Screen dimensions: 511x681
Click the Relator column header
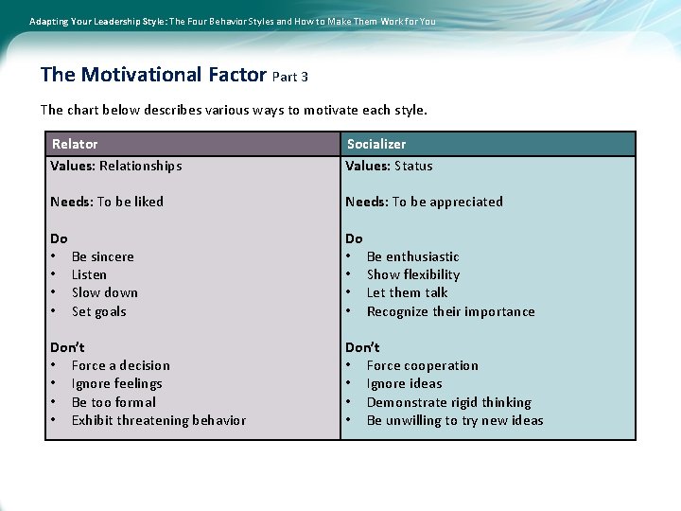coord(75,144)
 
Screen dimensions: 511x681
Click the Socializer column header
coord(375,144)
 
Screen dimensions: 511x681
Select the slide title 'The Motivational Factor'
coord(154,74)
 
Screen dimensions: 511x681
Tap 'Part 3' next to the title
coord(289,77)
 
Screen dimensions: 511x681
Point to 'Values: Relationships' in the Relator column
coord(115,166)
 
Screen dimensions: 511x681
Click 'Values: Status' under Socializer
coord(389,166)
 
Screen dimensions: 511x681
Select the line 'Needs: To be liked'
coord(107,202)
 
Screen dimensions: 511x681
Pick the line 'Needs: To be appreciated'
coord(424,202)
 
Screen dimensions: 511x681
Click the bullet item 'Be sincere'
coord(102,256)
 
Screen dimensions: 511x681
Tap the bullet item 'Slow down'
coord(104,292)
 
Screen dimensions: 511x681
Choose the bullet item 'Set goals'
coord(98,311)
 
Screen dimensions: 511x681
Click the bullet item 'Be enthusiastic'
coord(412,256)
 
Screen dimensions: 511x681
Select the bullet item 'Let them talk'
coord(407,292)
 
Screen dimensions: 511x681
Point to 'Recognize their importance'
coord(450,311)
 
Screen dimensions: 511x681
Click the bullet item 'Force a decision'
coord(120,365)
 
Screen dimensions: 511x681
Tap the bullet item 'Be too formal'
coord(113,402)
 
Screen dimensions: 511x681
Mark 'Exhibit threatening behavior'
coord(158,420)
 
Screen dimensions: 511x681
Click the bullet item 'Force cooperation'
coord(422,365)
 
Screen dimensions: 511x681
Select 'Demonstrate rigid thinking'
coord(448,402)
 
